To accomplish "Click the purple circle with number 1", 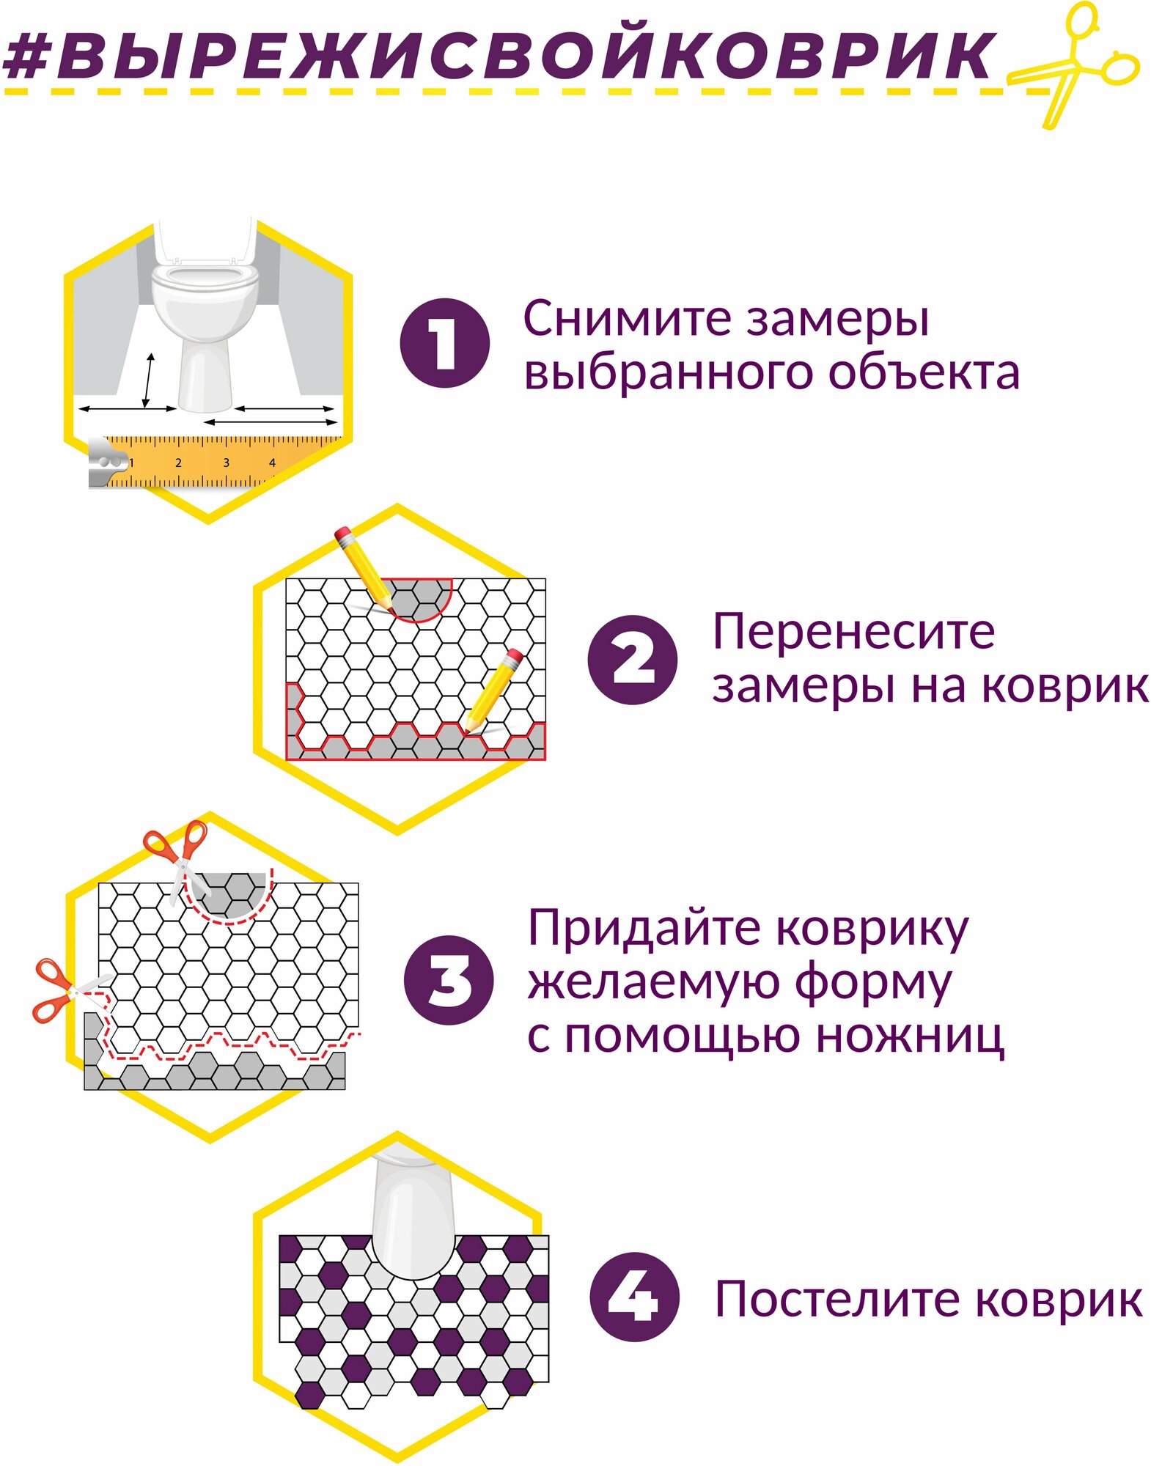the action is [x=444, y=343].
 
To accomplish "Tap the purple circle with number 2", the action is [x=632, y=660].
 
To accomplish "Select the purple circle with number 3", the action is [x=448, y=980].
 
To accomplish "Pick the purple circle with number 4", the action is [x=634, y=1297].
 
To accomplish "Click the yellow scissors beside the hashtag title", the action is [x=1078, y=66].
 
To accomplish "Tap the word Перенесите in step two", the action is [x=853, y=632].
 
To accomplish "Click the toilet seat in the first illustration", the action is [x=205, y=279].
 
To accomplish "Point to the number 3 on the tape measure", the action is [x=226, y=463].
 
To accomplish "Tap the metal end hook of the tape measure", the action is [x=106, y=462].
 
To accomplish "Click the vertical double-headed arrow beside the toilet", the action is [x=149, y=380].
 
